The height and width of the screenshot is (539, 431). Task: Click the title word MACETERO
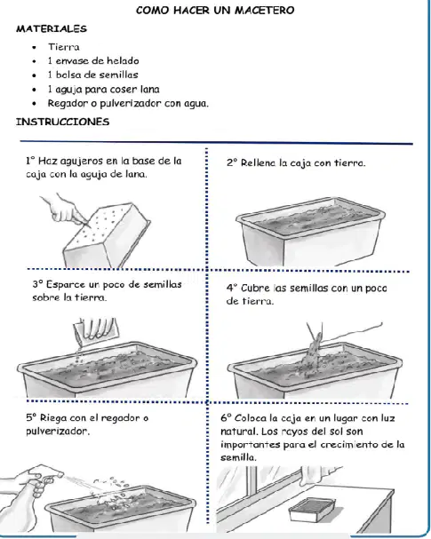point(265,11)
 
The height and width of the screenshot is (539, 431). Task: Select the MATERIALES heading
point(52,29)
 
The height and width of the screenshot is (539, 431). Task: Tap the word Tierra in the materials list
point(64,47)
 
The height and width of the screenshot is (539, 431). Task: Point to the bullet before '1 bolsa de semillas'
point(34,75)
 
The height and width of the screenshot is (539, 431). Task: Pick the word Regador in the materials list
point(68,104)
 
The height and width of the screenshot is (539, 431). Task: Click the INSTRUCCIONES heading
point(62,122)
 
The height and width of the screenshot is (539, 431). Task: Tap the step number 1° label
point(30,161)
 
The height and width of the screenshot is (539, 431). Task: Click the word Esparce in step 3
point(66,284)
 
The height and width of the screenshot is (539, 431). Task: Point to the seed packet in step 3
point(96,329)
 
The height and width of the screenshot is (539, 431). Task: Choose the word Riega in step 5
point(53,418)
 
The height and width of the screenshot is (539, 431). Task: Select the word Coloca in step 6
point(251,418)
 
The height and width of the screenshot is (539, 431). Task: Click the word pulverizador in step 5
point(58,431)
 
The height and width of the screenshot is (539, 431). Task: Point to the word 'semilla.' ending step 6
point(238,457)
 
